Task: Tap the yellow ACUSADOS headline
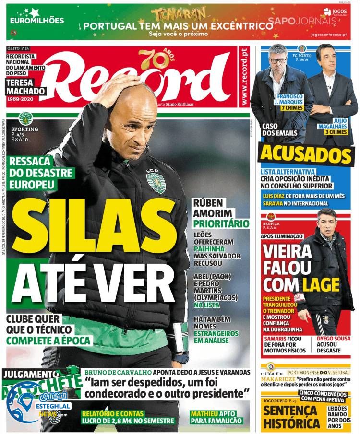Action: (306, 155)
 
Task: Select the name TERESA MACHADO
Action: (26, 87)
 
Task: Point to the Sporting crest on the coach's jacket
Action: (156, 183)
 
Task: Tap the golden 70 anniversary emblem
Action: (153, 59)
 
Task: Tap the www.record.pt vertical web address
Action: (244, 77)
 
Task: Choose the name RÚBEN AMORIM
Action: (212, 207)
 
